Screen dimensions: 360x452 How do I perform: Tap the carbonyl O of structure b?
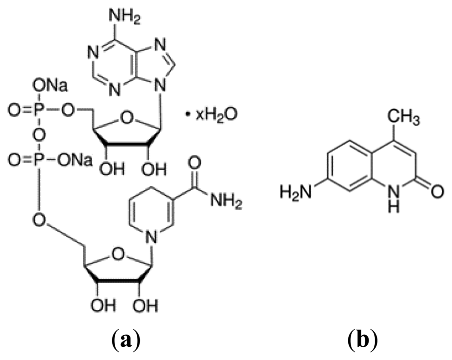437,191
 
